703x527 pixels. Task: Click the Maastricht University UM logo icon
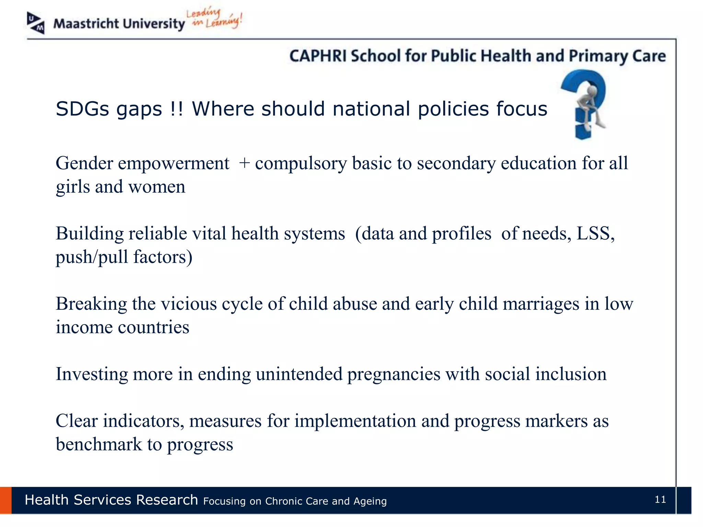(x=36, y=23)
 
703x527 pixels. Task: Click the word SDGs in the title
(x=82, y=109)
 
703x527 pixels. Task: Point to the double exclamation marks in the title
(x=176, y=109)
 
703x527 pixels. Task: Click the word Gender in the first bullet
(x=84, y=163)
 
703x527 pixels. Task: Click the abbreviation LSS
(x=595, y=234)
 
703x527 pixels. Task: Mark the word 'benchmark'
(x=99, y=445)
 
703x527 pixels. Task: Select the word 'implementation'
(x=355, y=421)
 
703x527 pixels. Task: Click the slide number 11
(x=660, y=500)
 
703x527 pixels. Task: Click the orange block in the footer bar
(x=6, y=500)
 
